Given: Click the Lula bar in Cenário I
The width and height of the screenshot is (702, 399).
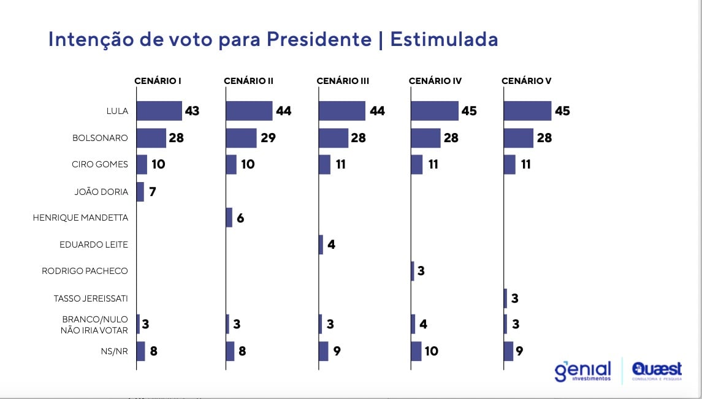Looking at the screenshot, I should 159,111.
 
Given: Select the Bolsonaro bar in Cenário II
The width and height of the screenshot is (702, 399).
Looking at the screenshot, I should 241,138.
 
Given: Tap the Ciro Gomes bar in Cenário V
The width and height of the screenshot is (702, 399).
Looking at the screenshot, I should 509,164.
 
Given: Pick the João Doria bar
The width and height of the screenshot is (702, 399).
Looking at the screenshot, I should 140,192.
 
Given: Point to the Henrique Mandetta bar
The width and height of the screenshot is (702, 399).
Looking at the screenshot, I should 229,218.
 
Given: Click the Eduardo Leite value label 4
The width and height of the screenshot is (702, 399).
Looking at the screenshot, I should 332,245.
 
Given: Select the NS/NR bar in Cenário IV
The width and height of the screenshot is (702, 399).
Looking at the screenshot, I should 416,351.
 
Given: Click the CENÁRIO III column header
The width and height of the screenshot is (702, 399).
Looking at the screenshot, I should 343,81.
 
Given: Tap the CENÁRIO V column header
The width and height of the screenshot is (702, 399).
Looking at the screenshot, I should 526,81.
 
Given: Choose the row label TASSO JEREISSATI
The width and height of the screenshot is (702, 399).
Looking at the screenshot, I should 91,298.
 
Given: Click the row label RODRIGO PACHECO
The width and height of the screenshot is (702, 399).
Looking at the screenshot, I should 85,270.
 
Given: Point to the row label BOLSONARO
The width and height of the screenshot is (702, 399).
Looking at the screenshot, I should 100,138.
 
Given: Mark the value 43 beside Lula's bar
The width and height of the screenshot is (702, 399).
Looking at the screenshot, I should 192,111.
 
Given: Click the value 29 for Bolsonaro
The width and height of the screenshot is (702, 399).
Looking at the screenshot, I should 268,138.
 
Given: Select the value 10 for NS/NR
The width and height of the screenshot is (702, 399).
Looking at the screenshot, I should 432,351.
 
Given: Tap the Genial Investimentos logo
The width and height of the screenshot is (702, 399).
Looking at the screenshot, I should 582,371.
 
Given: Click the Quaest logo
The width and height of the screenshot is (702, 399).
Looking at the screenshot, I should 657,370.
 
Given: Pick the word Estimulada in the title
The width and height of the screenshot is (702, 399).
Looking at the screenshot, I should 444,39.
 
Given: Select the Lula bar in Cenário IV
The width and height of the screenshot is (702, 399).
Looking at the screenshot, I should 435,111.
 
